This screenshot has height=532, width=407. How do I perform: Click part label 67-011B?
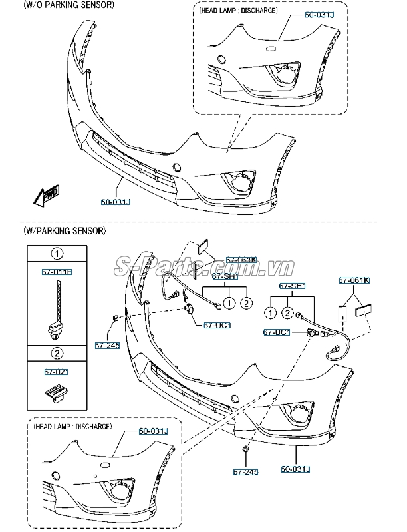[58, 273]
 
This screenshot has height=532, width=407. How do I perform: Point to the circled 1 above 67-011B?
[58, 254]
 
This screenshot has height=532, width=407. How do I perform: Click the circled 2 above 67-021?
[58, 352]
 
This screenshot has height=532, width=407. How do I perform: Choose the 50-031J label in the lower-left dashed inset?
[154, 432]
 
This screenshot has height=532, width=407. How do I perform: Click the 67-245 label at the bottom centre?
[245, 472]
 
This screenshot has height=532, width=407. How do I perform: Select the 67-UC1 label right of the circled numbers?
[276, 332]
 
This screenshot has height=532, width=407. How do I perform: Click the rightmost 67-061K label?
[354, 280]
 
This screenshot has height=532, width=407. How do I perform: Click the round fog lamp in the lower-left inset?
[122, 493]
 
